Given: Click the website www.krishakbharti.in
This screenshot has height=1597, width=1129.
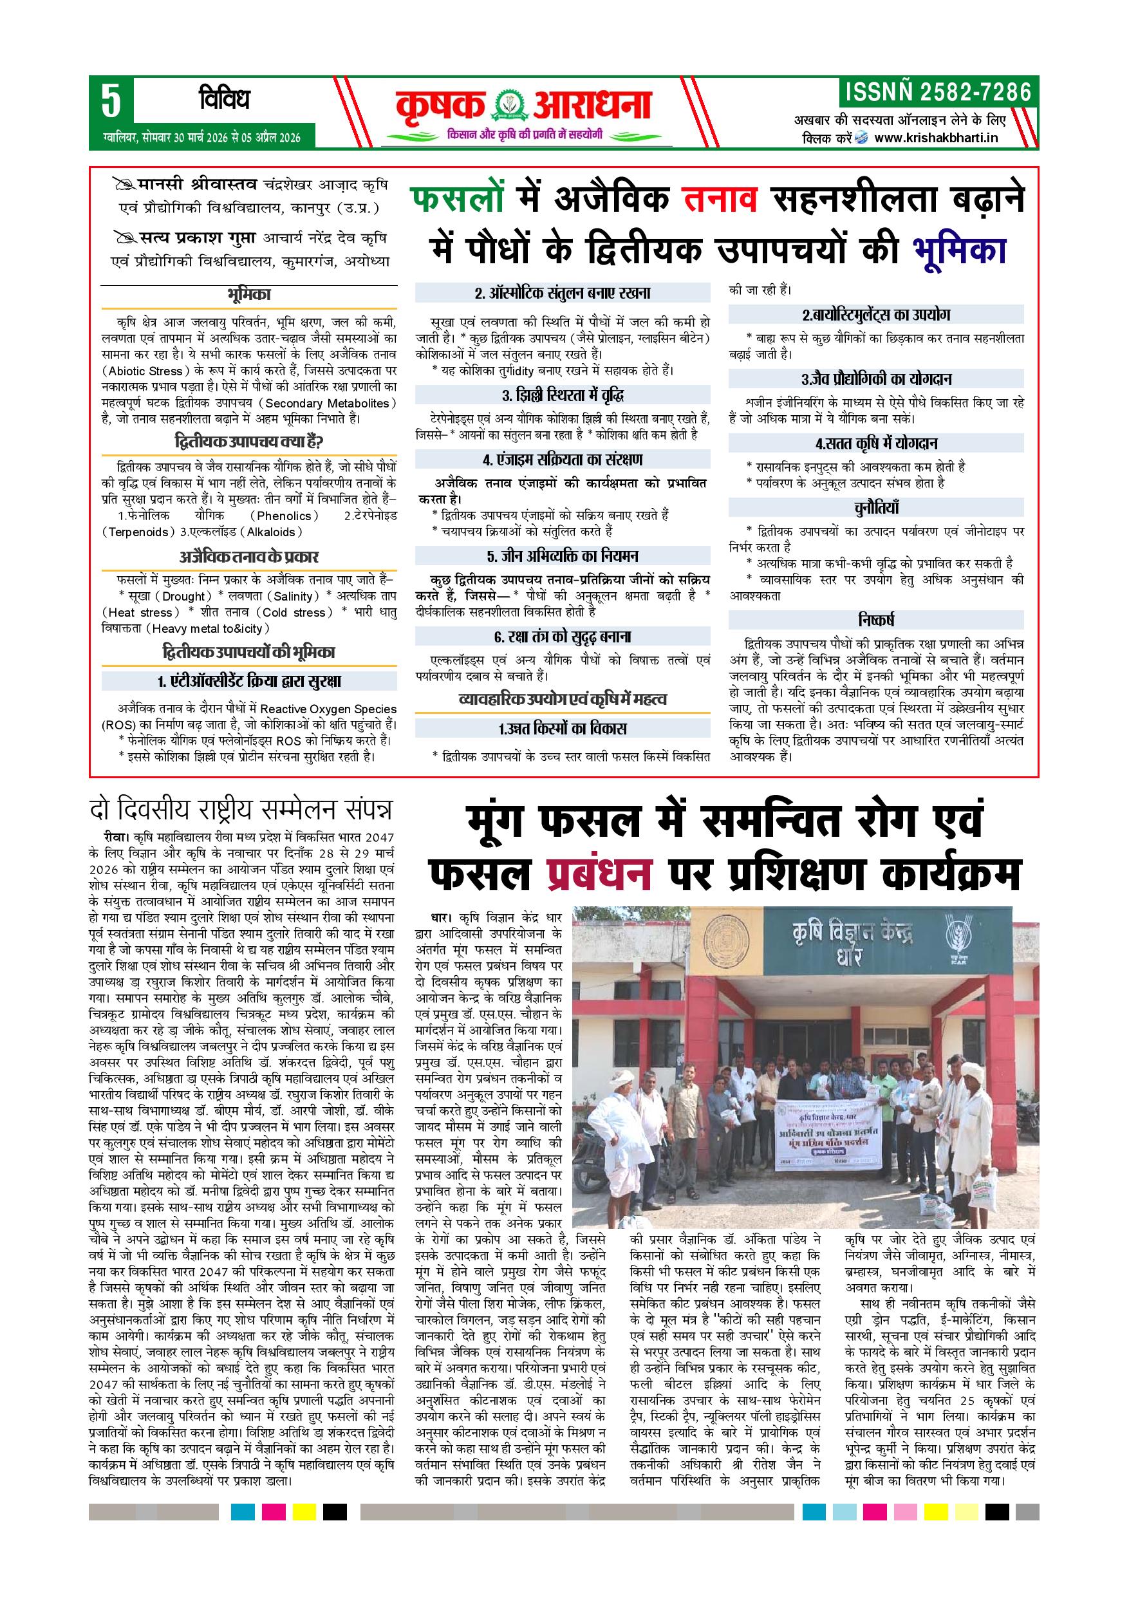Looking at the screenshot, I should click(x=936, y=138).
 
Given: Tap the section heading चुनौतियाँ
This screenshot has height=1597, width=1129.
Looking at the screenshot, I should click(x=877, y=507).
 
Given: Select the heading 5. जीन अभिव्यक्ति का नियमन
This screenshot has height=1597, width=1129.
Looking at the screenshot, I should click(x=562, y=556).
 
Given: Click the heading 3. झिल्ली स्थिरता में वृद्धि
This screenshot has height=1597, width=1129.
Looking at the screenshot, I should click(x=563, y=395).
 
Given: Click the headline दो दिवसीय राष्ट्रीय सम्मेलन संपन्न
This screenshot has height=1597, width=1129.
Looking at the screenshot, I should click(x=242, y=810).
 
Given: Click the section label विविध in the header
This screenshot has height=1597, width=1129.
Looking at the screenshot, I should click(x=223, y=100).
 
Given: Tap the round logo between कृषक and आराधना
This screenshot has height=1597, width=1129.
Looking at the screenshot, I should click(x=509, y=105).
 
